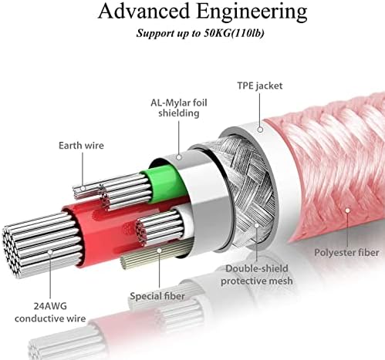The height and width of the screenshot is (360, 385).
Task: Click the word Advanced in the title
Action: [144, 12]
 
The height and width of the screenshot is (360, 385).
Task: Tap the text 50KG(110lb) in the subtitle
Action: [234, 33]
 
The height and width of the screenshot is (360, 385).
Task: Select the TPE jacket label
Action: [260, 86]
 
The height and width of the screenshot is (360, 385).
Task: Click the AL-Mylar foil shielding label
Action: [179, 108]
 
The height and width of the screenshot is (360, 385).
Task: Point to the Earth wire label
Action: [81, 146]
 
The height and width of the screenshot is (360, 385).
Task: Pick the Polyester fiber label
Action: [346, 252]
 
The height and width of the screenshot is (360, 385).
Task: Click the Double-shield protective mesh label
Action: [257, 274]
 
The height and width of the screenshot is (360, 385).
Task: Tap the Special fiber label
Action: [157, 296]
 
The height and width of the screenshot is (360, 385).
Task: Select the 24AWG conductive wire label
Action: [50, 312]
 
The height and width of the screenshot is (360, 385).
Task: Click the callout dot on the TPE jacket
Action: [260, 130]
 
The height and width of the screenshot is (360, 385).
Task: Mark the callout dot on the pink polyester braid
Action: [347, 210]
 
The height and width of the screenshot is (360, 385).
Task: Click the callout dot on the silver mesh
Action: [256, 225]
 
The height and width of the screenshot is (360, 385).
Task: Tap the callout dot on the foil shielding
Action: [179, 157]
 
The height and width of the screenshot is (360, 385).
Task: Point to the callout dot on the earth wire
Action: [83, 189]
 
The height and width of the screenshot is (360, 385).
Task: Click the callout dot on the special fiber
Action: [160, 251]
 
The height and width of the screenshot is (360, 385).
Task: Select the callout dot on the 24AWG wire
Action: [50, 252]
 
